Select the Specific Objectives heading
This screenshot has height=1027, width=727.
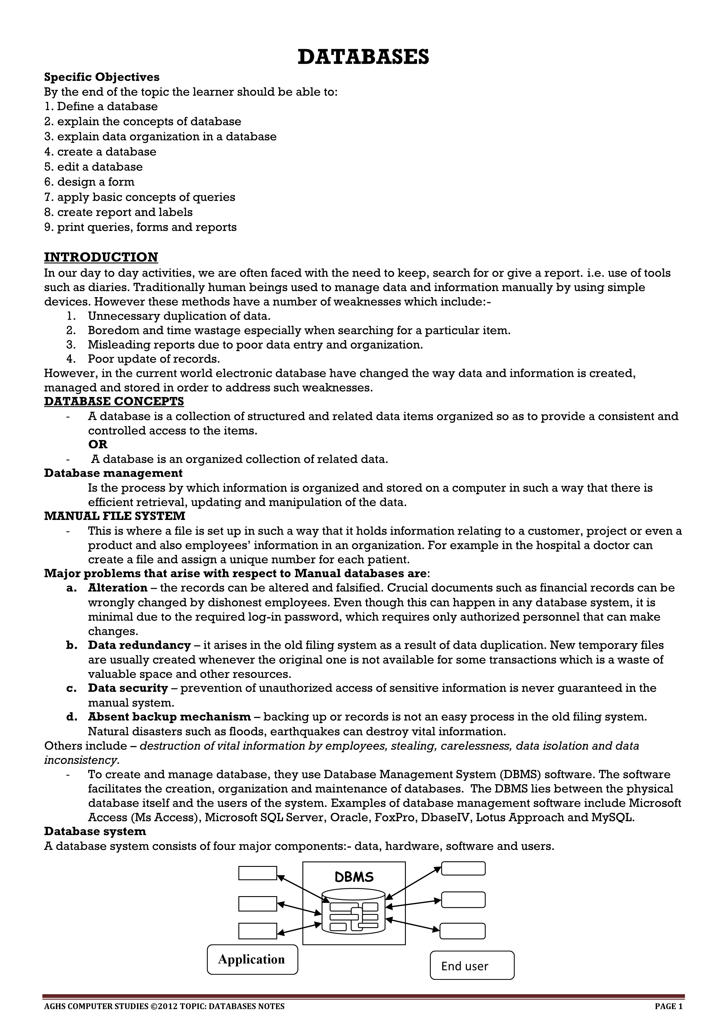(102, 77)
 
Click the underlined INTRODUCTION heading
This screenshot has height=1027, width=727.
(101, 257)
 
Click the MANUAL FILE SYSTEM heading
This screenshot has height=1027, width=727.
(115, 516)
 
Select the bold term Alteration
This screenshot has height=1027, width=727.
(118, 588)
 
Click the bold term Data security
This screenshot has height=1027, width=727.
(128, 688)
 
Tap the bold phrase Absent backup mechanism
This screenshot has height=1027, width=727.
(169, 717)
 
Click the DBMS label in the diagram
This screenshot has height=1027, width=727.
(354, 877)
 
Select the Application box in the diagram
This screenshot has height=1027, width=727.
(252, 959)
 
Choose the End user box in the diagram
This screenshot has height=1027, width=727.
(472, 965)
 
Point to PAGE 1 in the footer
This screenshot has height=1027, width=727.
(668, 1007)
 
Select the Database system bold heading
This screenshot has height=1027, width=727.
(95, 831)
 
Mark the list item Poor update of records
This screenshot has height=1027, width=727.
(154, 359)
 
